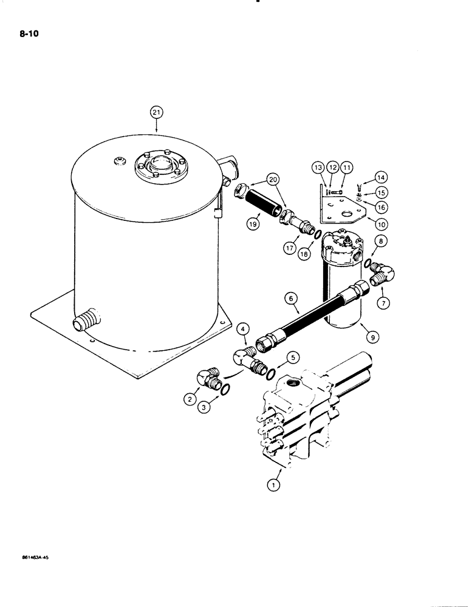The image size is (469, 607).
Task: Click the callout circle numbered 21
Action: [157, 112]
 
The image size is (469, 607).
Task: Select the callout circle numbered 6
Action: [291, 298]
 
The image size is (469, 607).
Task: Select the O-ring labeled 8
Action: [367, 262]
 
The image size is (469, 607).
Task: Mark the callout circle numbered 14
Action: [380, 177]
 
